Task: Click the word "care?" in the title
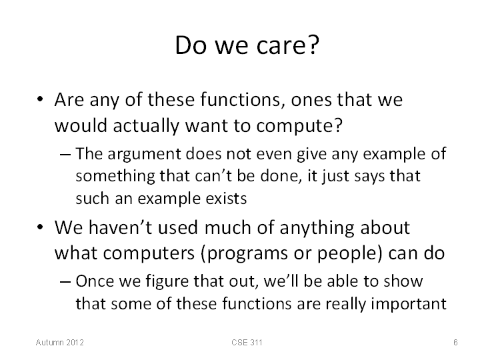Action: [288, 45]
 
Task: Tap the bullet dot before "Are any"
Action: [40, 99]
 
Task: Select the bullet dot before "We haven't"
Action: [40, 227]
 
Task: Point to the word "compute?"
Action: [299, 126]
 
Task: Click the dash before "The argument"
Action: [65, 154]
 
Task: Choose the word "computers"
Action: [149, 254]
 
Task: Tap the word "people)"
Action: [349, 254]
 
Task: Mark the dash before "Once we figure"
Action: [65, 281]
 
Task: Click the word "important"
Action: [409, 304]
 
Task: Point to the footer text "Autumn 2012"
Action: [60, 342]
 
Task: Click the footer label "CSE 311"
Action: [247, 342]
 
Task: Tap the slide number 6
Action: [455, 342]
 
